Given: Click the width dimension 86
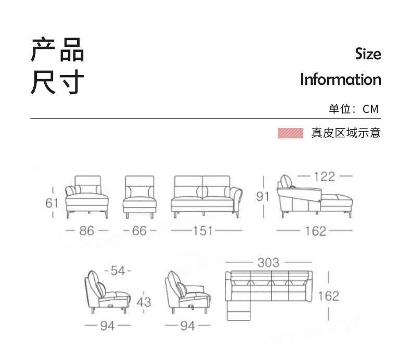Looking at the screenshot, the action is (x=87, y=230).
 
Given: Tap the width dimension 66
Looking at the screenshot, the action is (x=139, y=230).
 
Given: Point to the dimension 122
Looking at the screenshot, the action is (x=324, y=176).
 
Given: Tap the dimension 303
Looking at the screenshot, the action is (x=268, y=263).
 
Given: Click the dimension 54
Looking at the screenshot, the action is (x=118, y=271).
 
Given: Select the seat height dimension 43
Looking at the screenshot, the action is (x=144, y=301).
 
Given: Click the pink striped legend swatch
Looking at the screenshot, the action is (x=290, y=133).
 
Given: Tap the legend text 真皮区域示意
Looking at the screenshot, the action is (x=346, y=133).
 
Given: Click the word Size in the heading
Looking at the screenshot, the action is (x=368, y=54).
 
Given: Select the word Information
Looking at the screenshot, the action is (x=341, y=80).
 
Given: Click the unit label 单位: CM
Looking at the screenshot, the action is (x=354, y=109).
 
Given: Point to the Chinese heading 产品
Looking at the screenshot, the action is (x=57, y=50).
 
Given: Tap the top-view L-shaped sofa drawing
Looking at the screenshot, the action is (x=268, y=294).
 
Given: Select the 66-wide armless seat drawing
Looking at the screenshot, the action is (x=139, y=197).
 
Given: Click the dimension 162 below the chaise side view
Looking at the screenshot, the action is (x=316, y=231).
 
